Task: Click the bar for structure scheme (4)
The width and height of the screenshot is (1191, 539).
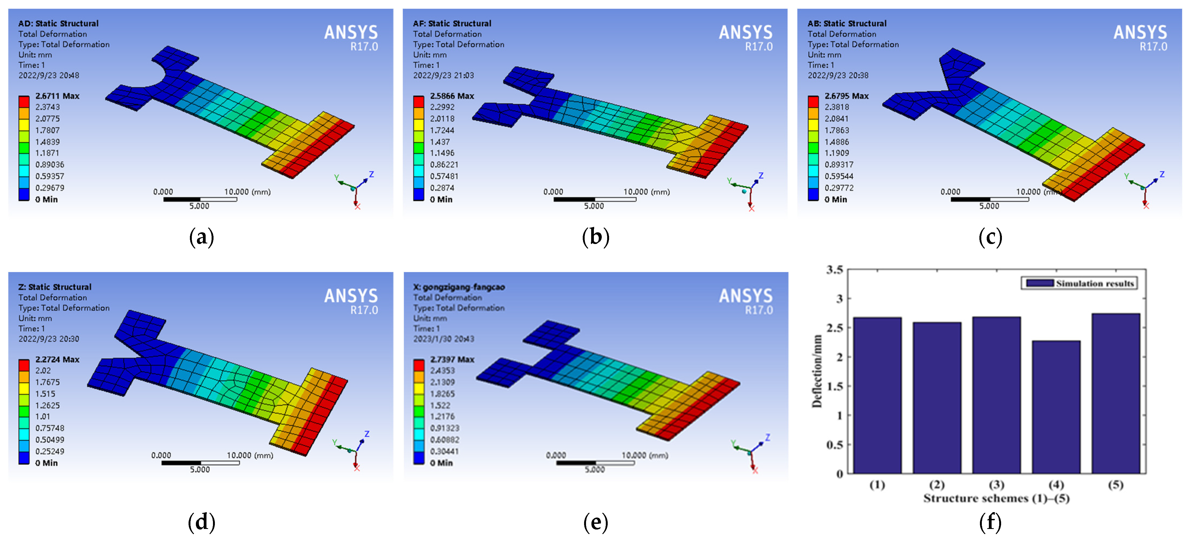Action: [1056, 407]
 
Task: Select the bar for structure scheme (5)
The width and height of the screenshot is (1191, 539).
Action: [1116, 393]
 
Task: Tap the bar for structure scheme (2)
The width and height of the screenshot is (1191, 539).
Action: [937, 398]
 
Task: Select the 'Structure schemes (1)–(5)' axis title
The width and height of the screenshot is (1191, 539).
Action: [996, 498]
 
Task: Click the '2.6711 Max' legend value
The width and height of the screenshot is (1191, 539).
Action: [57, 96]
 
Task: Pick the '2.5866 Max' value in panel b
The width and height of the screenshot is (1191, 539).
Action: [452, 96]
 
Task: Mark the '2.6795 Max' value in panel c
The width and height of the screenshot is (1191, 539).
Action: [846, 96]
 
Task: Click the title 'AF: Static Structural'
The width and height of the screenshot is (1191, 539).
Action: [452, 23]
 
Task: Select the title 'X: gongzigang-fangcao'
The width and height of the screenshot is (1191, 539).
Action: [459, 287]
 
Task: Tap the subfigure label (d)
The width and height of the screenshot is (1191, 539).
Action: [202, 522]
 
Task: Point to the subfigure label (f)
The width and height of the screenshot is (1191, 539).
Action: [990, 522]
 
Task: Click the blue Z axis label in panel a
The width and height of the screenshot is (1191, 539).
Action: [371, 174]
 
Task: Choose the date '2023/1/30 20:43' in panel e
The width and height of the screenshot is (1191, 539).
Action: [443, 339]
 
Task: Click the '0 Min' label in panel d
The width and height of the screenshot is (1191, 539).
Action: [46, 463]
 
